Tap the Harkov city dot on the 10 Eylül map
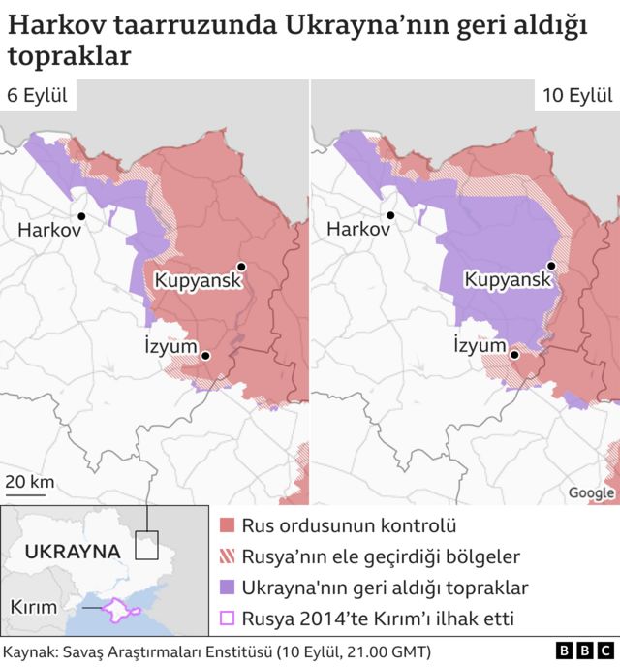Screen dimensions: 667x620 (390, 216)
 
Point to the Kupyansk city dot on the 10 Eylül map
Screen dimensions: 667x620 (551, 266)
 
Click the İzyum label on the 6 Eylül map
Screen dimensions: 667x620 (170, 346)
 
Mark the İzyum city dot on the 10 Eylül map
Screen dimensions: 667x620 (515, 355)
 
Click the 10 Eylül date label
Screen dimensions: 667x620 (576, 95)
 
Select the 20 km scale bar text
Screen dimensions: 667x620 (30, 482)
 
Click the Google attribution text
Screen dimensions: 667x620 (591, 492)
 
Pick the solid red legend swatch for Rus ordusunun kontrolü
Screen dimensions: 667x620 (228, 526)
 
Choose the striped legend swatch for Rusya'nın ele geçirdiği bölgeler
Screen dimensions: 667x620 (228, 556)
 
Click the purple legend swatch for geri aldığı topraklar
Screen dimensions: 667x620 (228, 588)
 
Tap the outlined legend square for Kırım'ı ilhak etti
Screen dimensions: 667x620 (228, 618)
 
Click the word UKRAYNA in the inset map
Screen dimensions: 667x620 (72, 551)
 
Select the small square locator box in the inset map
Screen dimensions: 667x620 (146, 545)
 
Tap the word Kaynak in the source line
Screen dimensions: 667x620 (33, 651)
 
